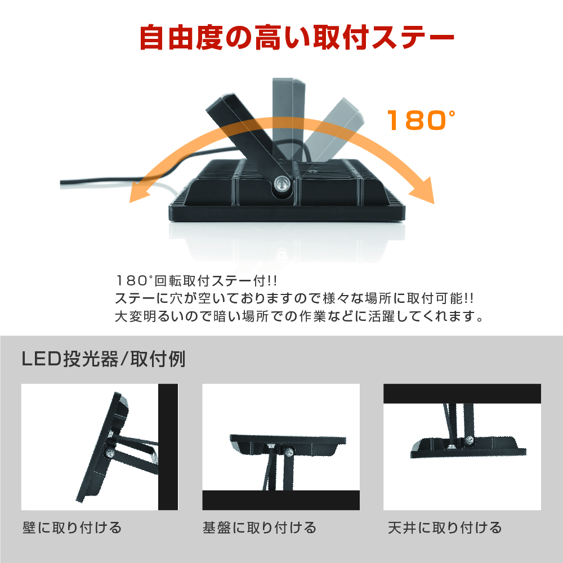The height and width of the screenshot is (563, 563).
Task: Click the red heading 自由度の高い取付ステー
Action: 297,37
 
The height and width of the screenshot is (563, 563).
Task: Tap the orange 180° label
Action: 421,120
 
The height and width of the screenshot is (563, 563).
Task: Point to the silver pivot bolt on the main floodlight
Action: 281,184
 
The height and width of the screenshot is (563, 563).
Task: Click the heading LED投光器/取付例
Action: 104,359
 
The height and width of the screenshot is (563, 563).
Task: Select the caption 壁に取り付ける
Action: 72,528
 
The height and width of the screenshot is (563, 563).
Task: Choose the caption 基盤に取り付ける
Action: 259,528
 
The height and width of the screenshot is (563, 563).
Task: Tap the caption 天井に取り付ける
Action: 445,528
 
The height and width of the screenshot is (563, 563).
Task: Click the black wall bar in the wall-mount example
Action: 168,447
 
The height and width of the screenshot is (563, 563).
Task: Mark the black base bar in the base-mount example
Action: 281,500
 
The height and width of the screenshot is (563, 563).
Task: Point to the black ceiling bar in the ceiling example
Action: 462,394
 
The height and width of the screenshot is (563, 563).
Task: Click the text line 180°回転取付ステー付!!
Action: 196,281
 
